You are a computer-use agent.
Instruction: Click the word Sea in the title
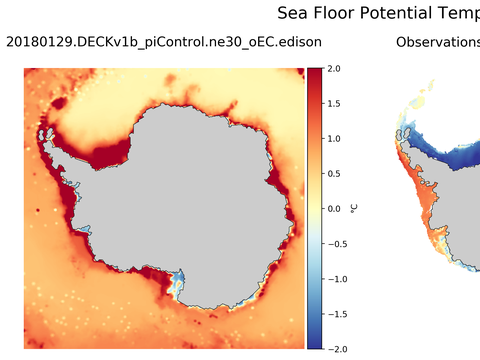point(292,14)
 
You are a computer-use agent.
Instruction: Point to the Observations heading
point(438,43)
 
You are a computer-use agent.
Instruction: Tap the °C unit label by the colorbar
point(354,209)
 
